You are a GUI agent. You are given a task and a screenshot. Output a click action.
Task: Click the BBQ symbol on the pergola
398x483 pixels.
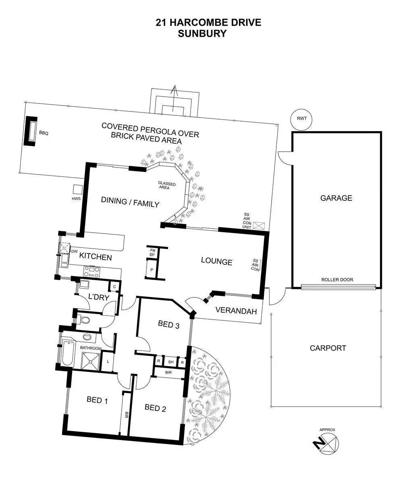[31, 130]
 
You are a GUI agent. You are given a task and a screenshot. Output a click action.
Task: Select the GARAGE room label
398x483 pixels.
[336, 198]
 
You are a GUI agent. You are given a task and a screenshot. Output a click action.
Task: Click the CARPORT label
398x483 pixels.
[328, 348]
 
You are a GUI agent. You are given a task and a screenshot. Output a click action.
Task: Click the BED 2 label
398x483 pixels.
[155, 408]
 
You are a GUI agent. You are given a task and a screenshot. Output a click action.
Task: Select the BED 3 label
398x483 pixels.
[168, 324]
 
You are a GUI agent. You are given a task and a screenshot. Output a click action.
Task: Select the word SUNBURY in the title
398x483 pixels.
[202, 34]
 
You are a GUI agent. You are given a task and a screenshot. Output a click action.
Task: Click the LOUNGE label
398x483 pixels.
[217, 262]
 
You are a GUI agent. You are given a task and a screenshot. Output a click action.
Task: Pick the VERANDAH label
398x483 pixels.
[236, 310]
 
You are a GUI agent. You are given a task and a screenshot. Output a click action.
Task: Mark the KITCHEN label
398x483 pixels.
[95, 256]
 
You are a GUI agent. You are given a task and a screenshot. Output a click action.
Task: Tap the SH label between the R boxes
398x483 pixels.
[171, 362]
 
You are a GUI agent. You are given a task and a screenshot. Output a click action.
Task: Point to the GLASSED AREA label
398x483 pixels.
[167, 186]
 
